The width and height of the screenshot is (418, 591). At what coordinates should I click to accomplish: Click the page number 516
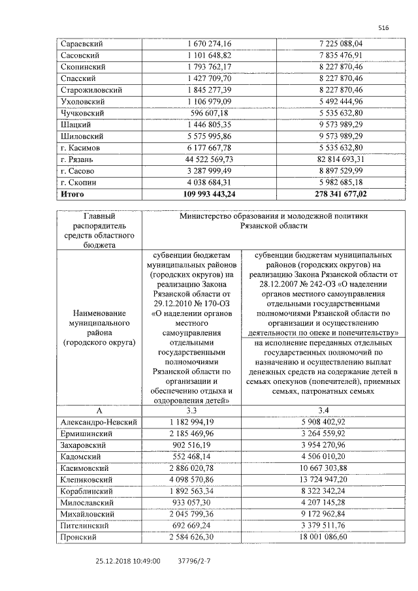pos(383,27)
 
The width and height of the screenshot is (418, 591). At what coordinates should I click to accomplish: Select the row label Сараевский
pos(82,44)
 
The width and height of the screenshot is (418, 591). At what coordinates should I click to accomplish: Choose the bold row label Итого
pos(72,194)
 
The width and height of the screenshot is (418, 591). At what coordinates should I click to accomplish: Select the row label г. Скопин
pos(80,182)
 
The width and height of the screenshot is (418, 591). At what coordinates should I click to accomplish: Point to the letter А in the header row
pos(99,411)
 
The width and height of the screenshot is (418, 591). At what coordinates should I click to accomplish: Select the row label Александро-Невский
pos(99,423)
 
